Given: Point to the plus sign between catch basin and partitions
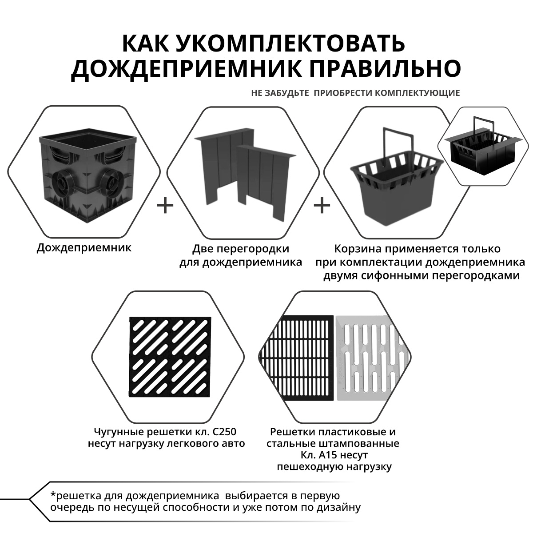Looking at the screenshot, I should (x=165, y=206).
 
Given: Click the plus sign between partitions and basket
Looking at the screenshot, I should (x=322, y=206).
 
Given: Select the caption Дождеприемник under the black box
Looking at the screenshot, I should (x=84, y=247).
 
